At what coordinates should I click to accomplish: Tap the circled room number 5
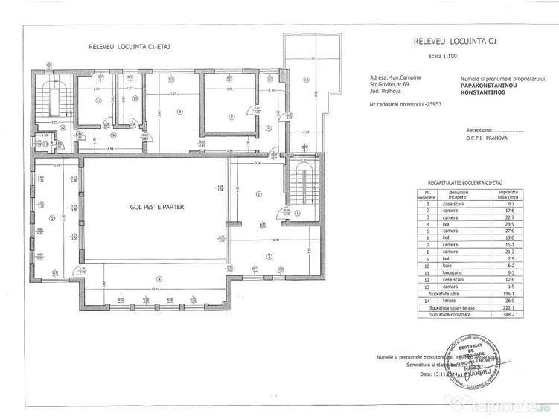51,217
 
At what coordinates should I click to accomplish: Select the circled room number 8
179,112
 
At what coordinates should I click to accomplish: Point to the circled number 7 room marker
231,117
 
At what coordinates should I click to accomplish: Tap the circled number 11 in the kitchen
98,104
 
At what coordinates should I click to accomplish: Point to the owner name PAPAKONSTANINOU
491,84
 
